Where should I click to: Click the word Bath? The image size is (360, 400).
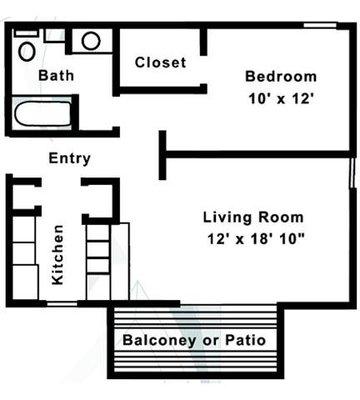click(56, 75)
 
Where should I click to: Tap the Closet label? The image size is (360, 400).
click(160, 62)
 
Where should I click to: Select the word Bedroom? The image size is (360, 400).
click(281, 76)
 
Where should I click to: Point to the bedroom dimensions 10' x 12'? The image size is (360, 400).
click(282, 99)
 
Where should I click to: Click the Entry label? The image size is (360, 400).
click(70, 158)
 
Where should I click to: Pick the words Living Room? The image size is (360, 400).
click(253, 217)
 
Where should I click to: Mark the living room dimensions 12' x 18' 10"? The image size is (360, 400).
click(256, 239)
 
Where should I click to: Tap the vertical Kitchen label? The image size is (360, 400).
click(57, 255)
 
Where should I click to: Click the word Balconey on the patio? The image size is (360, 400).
click(159, 340)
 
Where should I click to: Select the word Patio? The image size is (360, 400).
click(245, 340)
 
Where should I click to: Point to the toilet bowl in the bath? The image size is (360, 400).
click(27, 52)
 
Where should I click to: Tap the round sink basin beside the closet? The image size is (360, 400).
click(91, 41)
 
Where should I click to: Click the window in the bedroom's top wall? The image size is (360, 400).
click(319, 25)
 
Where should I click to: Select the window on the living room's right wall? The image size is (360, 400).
click(351, 174)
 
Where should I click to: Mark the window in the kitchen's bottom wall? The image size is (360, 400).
click(62, 303)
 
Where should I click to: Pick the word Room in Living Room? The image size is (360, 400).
click(281, 217)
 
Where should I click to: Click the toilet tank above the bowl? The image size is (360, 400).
click(26, 33)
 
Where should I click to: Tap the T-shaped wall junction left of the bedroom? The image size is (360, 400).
click(163, 155)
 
